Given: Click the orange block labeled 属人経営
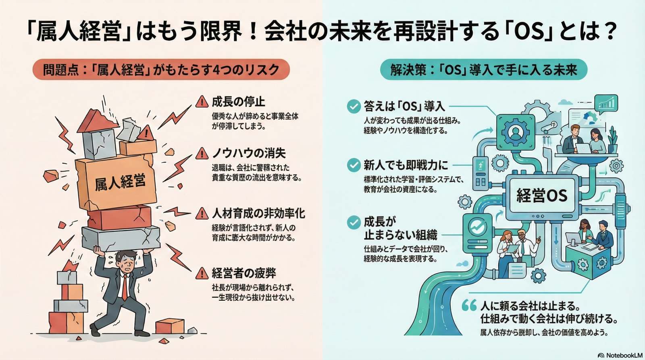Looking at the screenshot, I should coord(117,181).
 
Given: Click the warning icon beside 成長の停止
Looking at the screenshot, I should coord(202,102).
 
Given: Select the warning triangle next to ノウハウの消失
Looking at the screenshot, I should coord(202,153).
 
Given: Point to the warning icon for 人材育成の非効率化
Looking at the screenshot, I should coord(202,213).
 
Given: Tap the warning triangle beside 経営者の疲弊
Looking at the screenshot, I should coord(202,273).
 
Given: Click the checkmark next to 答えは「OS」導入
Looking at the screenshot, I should coord(354,106).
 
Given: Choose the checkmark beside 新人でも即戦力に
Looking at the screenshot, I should coord(354,165).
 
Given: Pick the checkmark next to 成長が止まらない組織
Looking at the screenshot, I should coord(354,222).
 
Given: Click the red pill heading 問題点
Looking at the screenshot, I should coord(161,69).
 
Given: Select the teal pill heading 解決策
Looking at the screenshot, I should coord(483,70).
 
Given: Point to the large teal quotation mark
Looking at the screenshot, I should coord(469,305).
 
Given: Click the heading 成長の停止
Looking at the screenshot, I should coord(239,102).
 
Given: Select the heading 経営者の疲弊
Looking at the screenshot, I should coord(244,273).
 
